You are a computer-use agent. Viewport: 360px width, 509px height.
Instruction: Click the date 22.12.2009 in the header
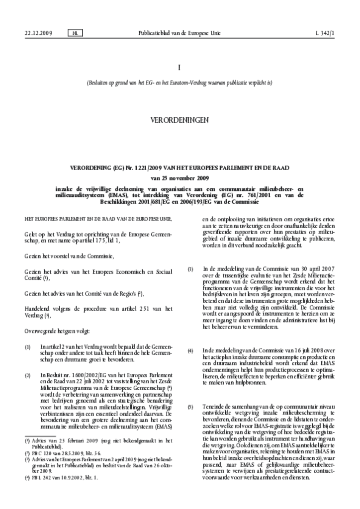click(38, 33)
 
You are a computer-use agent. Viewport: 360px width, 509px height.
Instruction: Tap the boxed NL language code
click(74, 33)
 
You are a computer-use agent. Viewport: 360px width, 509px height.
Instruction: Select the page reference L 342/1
click(325, 33)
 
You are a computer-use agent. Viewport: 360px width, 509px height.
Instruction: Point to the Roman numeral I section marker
click(180, 67)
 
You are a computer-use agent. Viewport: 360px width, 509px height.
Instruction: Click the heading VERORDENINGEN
click(180, 120)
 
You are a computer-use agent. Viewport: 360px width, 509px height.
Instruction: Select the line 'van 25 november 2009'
click(180, 177)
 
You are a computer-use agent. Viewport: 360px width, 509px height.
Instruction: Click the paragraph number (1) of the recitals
click(28, 344)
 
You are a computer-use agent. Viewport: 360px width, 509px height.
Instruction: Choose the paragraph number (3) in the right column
click(190, 269)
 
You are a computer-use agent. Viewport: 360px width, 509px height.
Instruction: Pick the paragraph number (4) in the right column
click(190, 337)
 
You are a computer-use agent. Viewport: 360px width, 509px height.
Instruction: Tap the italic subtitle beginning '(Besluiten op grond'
click(180, 83)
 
